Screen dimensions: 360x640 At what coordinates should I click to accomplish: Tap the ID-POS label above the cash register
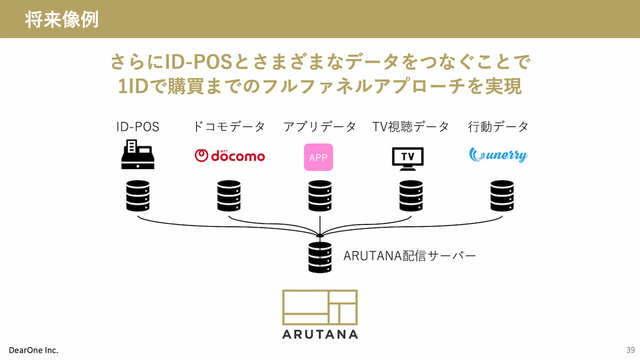click(x=138, y=127)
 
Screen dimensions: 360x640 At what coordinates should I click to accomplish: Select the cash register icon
click(x=138, y=155)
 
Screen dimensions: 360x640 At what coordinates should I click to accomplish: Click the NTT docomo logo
click(x=229, y=155)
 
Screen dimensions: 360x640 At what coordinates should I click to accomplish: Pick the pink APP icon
click(x=318, y=157)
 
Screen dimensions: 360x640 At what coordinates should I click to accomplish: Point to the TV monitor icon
click(x=407, y=158)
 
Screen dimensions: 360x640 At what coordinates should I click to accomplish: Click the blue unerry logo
click(x=498, y=155)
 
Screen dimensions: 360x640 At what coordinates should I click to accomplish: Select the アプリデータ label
click(x=319, y=127)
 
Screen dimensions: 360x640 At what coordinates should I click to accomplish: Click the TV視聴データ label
click(x=411, y=127)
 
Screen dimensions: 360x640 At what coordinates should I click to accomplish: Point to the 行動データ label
click(x=498, y=127)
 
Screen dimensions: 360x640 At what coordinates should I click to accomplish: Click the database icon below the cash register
click(x=138, y=196)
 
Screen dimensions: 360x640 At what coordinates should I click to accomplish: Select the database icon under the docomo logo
click(x=229, y=196)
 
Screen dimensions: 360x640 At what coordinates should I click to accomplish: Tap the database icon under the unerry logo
click(x=502, y=196)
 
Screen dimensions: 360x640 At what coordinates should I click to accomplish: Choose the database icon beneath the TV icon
click(x=411, y=196)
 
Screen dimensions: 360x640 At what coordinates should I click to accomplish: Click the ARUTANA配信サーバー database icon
click(x=319, y=257)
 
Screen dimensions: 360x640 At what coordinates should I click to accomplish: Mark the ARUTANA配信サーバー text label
click(x=409, y=256)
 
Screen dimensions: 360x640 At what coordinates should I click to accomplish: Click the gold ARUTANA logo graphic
click(x=320, y=307)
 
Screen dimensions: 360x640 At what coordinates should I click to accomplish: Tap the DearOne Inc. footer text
click(x=34, y=350)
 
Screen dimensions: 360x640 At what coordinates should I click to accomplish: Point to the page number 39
click(x=630, y=350)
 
